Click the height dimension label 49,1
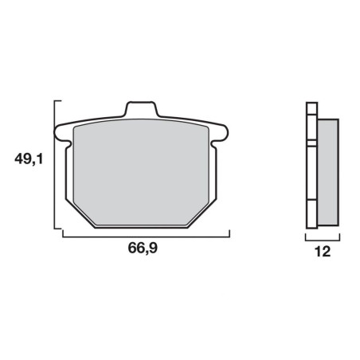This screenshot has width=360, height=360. point(29,159)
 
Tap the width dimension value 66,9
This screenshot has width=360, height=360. point(143,248)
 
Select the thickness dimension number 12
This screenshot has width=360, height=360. point(323,252)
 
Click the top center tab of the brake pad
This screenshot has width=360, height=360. point(141,108)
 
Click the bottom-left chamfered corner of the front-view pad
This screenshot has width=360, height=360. point(80,214)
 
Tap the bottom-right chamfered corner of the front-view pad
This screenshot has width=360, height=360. point(202,214)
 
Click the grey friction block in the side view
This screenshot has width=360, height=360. point(328,172)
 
